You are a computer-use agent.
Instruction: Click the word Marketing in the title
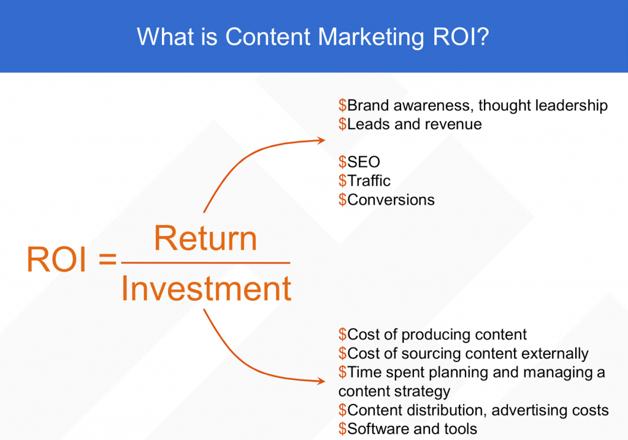point(371,37)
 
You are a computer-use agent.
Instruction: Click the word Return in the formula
point(205,238)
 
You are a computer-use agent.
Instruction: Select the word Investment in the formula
point(206,288)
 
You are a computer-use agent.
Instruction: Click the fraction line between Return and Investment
point(205,263)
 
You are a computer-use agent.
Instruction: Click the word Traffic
point(369,181)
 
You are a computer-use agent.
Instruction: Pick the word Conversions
point(391,200)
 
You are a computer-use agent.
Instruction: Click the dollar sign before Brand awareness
point(342,105)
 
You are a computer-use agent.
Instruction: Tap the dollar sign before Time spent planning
point(342,372)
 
